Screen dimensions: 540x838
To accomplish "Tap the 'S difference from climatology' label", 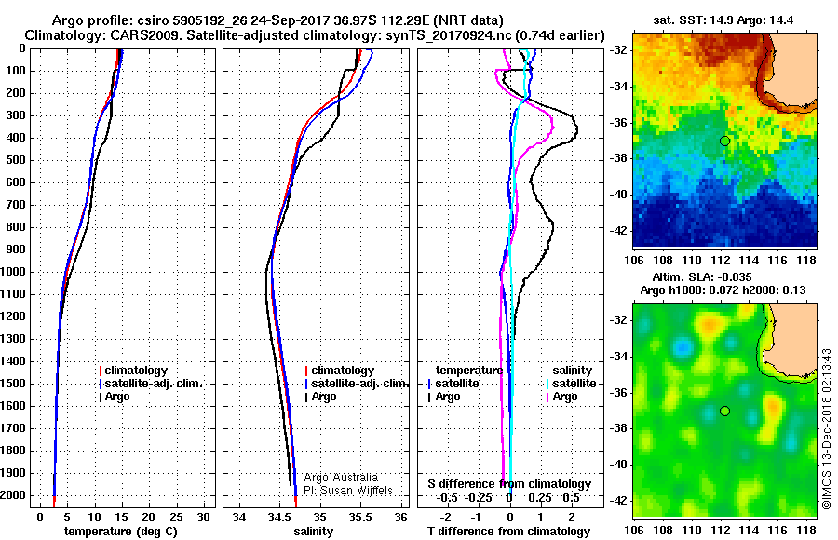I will pos(508,484).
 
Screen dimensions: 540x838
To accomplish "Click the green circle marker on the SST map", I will pos(724,141).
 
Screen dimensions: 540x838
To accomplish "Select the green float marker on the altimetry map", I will pos(724,411).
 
